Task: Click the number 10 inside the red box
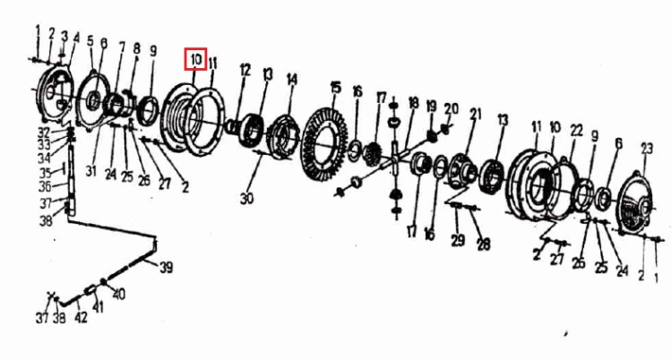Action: coord(196,59)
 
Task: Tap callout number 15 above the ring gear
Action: coord(336,88)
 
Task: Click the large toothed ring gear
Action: coord(324,144)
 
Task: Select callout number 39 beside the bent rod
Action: coord(167,268)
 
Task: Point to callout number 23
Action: coord(647,149)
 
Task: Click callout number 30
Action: coord(246,198)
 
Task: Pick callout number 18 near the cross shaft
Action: coord(414,103)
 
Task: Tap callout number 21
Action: coord(476,114)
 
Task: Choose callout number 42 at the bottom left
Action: coord(81,317)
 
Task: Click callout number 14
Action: coord(292,80)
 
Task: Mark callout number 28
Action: coord(484,244)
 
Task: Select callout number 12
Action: coord(245,70)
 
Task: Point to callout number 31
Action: coord(90,171)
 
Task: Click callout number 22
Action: coord(576,130)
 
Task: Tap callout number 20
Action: coord(451,108)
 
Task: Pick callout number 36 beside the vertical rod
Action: coord(46,187)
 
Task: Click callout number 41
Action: coord(99,307)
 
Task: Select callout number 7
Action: coord(122,47)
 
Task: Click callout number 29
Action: coord(458,240)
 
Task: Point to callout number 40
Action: coord(118,294)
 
